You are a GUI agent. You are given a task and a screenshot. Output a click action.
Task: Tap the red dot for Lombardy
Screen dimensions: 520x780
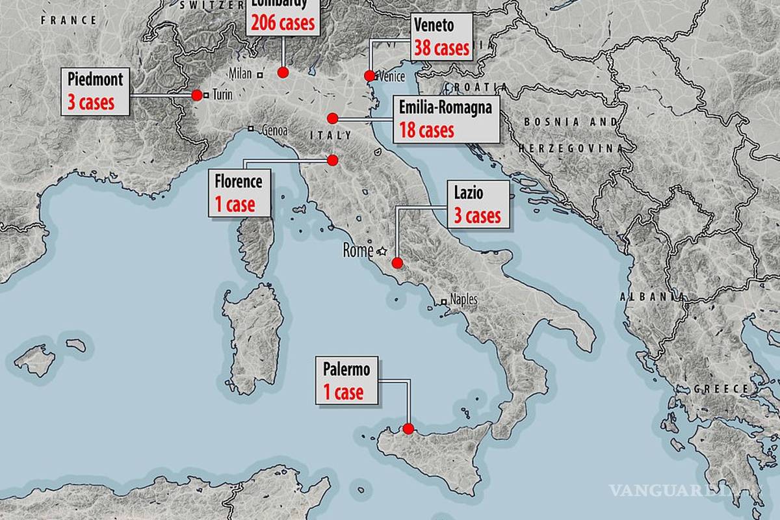pyautogui.click(x=283, y=72)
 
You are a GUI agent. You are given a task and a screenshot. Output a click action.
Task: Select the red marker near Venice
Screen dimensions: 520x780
pyautogui.click(x=369, y=75)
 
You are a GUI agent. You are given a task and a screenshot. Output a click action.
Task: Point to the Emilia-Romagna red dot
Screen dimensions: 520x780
pyautogui.click(x=333, y=118)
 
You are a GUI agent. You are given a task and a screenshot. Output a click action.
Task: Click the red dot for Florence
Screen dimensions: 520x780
pyautogui.click(x=333, y=160)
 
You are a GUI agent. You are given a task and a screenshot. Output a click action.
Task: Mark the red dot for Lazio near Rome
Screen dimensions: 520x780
pyautogui.click(x=396, y=263)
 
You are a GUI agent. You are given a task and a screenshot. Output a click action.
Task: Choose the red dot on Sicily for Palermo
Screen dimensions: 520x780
pyautogui.click(x=408, y=428)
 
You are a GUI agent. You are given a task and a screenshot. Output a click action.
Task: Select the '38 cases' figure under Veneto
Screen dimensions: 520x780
pyautogui.click(x=441, y=48)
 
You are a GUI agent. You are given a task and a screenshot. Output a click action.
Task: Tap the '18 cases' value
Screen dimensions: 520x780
pyautogui.click(x=426, y=129)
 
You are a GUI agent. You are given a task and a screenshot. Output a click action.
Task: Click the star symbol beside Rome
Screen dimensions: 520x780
pyautogui.click(x=382, y=251)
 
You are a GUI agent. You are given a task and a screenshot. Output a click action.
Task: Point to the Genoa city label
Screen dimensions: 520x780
pyautogui.click(x=274, y=131)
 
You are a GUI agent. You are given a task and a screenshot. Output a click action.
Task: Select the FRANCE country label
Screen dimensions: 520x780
pyautogui.click(x=68, y=20)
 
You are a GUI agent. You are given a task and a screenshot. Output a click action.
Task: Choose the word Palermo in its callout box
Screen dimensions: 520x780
pyautogui.click(x=346, y=370)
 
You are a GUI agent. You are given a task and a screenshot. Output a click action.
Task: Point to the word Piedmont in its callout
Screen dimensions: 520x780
pyautogui.click(x=95, y=80)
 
